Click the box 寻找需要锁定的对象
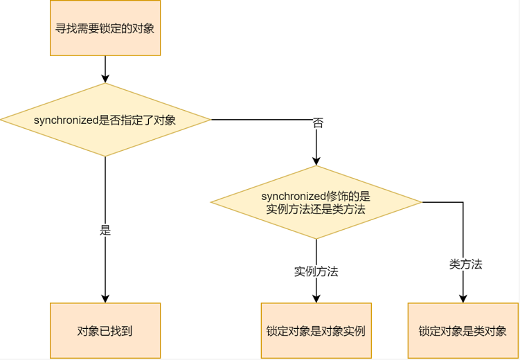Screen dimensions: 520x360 pos(105,28)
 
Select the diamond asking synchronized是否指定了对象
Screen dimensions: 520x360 pos(105,120)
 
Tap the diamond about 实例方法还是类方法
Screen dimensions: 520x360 pos(316,202)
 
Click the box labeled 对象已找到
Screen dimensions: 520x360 pos(105,330)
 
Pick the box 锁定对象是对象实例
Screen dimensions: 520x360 pos(316,330)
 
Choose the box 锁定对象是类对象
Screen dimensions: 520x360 pos(463,330)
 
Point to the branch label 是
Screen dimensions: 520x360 pos(105,231)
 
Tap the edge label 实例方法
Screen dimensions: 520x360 pos(316,272)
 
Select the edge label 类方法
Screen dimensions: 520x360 pos(465,264)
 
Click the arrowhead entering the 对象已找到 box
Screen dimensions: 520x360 pos(105,298)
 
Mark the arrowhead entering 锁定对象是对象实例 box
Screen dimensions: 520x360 pos(316,298)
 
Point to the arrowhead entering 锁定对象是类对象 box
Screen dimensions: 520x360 pos(463,298)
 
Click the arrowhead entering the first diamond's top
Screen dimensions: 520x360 pos(105,79)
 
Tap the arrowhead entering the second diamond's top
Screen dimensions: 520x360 pos(316,161)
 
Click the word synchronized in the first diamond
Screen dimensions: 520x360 pos(65,120)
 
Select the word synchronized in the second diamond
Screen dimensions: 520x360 pos(292,197)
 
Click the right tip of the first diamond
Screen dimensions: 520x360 pos(210,120)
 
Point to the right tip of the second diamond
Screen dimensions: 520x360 pos(422,202)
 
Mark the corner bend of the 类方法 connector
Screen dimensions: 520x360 pos(463,202)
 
